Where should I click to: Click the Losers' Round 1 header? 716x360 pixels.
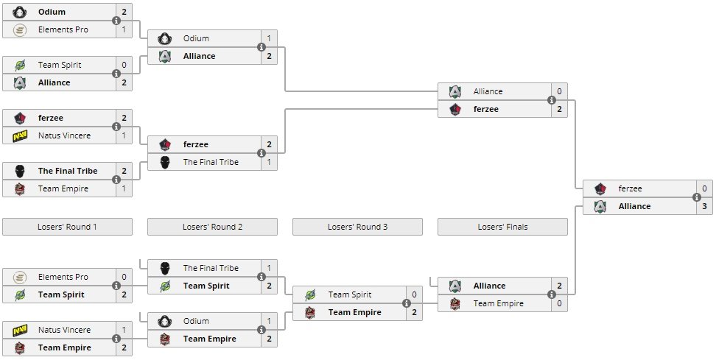[67, 227]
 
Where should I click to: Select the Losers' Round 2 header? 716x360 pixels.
[212, 227]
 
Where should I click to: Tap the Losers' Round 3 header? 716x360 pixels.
[357, 227]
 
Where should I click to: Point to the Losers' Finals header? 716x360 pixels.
[502, 227]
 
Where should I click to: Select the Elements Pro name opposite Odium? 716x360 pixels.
[63, 29]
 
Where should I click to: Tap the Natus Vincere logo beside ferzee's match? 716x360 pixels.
[21, 135]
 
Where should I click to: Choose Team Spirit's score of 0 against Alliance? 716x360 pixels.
[124, 65]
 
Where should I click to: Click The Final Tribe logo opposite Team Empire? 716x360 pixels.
[21, 171]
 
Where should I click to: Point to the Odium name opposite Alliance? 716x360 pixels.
[196, 38]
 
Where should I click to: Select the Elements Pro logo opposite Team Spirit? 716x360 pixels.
[21, 277]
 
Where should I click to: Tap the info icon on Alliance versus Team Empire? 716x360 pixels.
[551, 294]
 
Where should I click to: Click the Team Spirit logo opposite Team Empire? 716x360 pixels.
[311, 294]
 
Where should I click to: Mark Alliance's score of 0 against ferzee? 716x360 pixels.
[559, 91]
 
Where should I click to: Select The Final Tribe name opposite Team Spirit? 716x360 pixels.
[211, 268]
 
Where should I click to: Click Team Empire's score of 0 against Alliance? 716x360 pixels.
[559, 303]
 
